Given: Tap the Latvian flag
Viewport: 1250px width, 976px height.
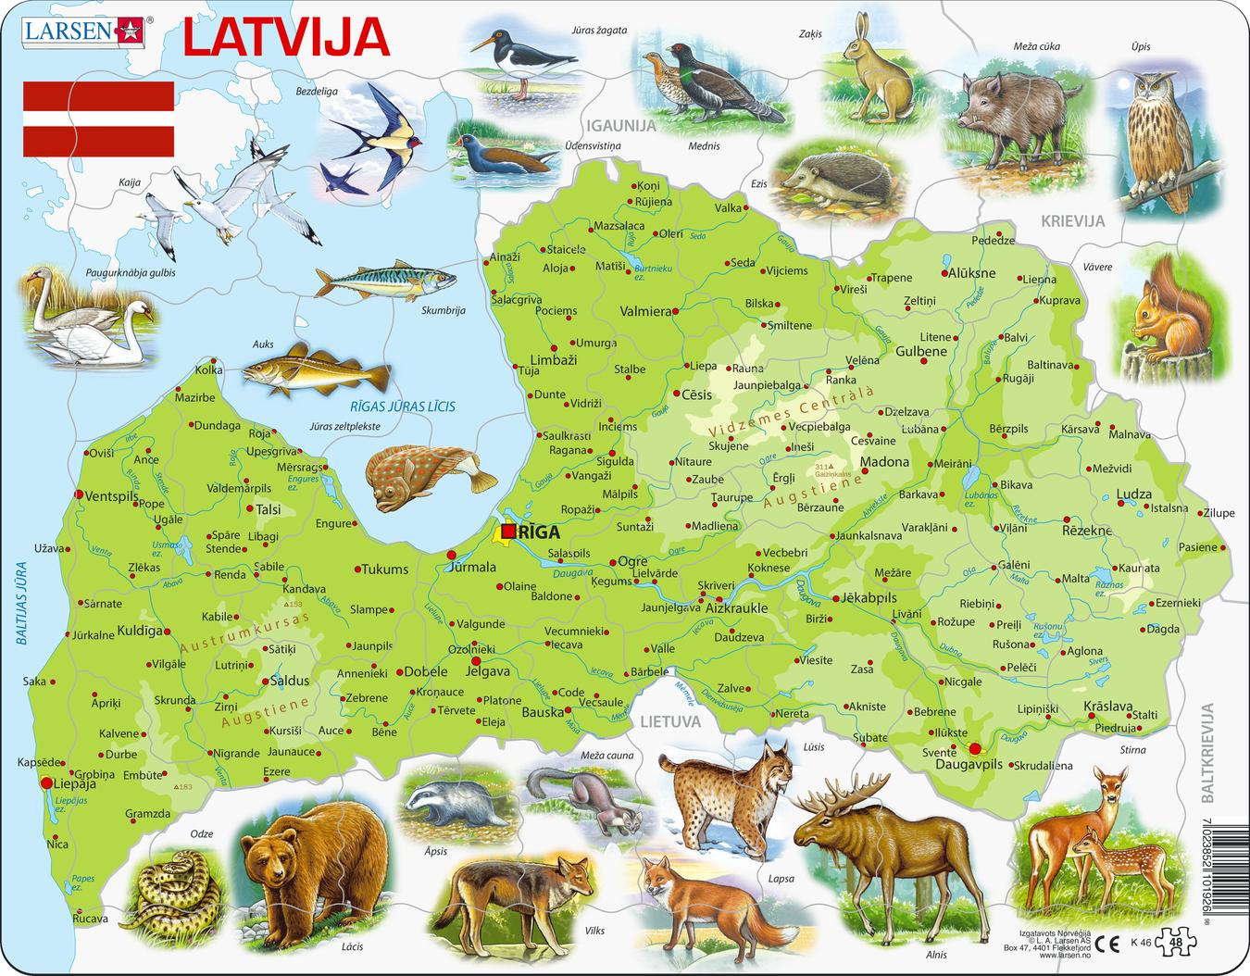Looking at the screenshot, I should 98,119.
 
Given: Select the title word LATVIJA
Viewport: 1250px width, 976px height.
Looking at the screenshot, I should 285,39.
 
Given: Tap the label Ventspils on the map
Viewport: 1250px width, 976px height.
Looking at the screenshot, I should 111,496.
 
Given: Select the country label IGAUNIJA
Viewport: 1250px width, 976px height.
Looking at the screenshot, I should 619,125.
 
